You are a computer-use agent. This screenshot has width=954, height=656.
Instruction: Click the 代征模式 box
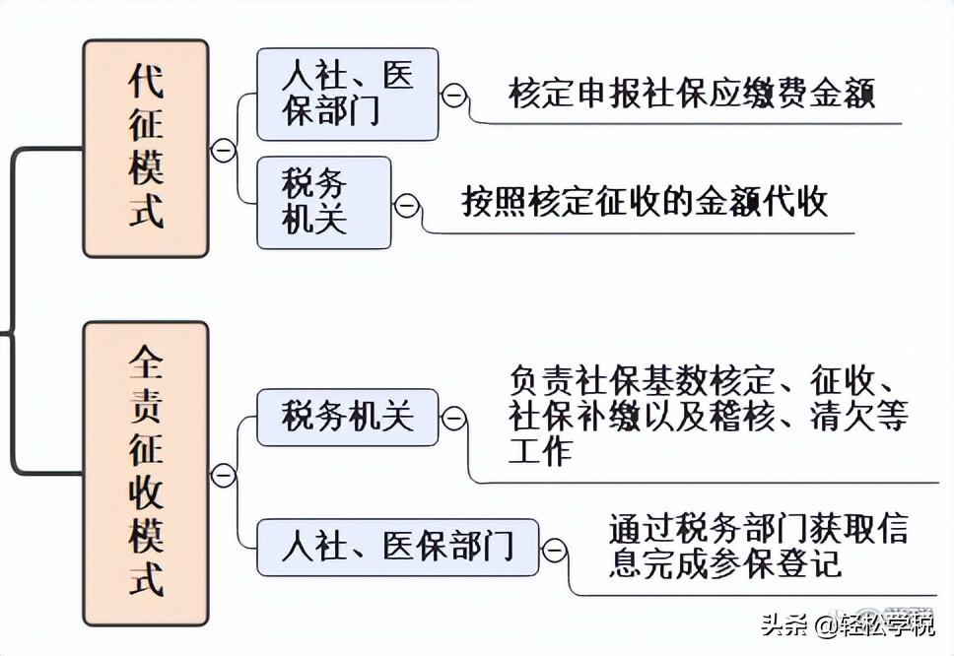[146, 149]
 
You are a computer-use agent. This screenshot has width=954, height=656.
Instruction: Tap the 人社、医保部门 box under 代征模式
[347, 94]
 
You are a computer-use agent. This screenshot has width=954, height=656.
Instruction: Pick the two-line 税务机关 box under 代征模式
[323, 202]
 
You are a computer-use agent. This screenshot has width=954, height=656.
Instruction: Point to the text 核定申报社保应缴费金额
[692, 94]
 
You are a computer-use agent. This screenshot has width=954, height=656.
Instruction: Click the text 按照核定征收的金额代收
[645, 202]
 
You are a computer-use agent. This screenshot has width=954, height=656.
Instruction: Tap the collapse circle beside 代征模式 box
[223, 150]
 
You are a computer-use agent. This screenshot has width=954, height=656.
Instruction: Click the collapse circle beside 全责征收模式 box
[224, 476]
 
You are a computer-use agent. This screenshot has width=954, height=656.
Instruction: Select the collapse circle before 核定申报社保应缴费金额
[454, 95]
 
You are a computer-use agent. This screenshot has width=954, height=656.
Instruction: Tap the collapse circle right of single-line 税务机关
[453, 419]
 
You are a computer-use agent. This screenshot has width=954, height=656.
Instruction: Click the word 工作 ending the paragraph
[540, 452]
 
